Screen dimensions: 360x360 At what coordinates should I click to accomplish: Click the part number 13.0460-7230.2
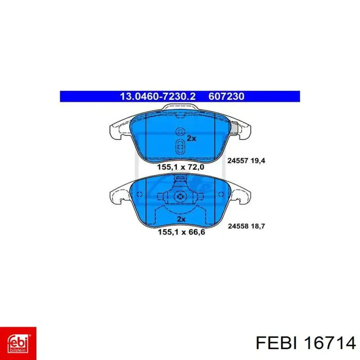coord(158,96)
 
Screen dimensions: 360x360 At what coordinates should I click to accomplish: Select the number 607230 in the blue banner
coord(226,96)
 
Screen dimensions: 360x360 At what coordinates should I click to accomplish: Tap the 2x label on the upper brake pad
coord(191,138)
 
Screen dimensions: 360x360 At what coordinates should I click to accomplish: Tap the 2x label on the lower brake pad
coord(181,219)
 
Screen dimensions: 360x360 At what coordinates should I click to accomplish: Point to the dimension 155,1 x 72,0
coord(180,167)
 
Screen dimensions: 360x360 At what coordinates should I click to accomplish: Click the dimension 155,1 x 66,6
coord(181,232)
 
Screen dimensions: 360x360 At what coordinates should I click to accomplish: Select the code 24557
coord(238,161)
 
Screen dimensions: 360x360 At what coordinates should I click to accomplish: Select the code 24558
coord(238,226)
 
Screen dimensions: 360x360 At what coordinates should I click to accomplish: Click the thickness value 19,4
coord(258,161)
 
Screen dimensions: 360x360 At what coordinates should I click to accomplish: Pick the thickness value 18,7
coord(258,226)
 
